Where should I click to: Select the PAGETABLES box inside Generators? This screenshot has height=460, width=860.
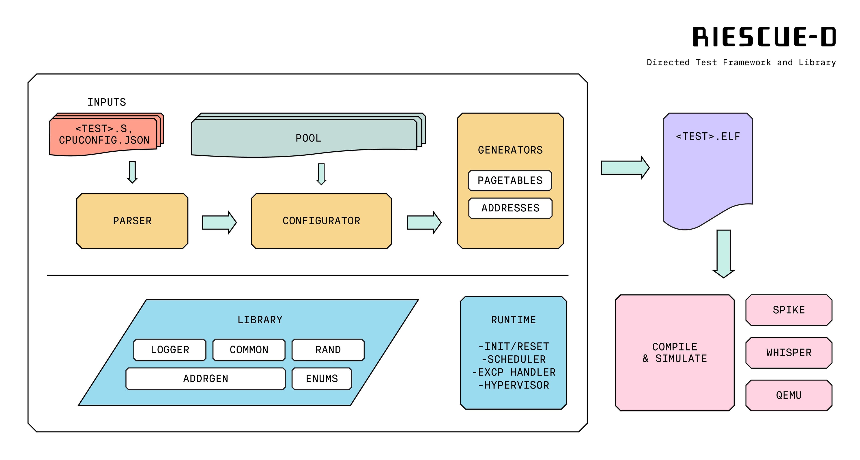510,181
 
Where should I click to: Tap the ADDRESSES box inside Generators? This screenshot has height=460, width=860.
510,208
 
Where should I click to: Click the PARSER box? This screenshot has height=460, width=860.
132,221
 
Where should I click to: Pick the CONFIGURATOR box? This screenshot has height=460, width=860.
321,221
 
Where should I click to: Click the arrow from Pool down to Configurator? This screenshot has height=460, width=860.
321,174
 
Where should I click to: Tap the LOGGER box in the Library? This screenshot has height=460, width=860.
170,350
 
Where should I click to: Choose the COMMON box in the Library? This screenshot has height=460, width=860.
249,350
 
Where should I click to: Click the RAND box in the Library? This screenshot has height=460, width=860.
328,350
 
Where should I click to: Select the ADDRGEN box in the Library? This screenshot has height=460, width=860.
205,378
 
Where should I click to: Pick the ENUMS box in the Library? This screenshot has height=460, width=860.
322,378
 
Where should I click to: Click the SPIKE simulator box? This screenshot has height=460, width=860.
789,310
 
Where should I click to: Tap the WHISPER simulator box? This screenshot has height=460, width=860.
789,353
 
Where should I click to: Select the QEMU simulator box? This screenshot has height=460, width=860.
789,395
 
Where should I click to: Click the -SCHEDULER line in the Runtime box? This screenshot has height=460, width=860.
514,359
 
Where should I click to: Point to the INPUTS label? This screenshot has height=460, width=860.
107,102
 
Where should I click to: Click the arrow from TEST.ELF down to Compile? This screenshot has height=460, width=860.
723,254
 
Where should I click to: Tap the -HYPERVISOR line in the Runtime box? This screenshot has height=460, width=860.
514,385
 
